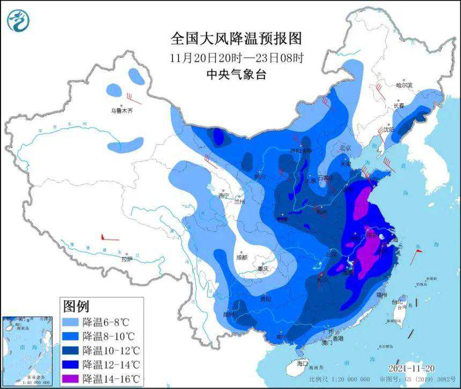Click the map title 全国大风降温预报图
coord(236,39)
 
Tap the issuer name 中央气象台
coord(236,74)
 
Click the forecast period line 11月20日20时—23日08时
coord(236,57)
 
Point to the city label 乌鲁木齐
coord(121,111)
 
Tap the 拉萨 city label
coord(127,259)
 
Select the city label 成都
coord(241,257)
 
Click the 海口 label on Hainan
coord(303,363)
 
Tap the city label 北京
coord(345,148)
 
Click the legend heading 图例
coord(76,306)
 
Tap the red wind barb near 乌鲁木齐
coord(134,99)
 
